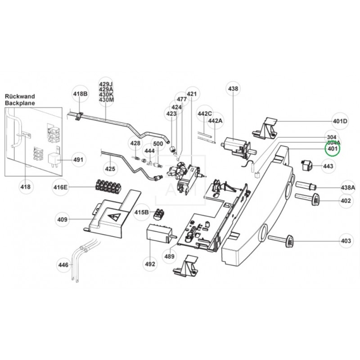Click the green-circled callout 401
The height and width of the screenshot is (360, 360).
[333, 149]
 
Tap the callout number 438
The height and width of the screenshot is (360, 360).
[233, 89]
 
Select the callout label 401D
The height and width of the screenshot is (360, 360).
[340, 121]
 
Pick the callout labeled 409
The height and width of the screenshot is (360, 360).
[62, 220]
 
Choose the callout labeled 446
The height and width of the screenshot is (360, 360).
[63, 265]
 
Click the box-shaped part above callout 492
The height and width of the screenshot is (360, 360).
[158, 234]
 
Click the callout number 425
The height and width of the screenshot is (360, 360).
[110, 169]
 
